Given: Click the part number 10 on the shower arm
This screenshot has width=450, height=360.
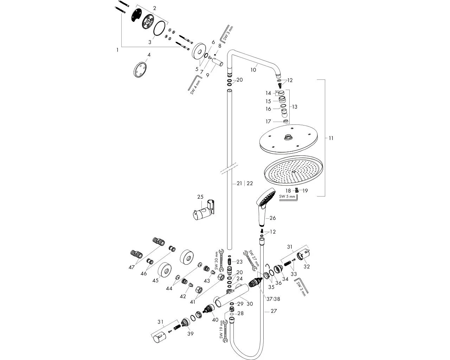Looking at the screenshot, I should coord(253,70).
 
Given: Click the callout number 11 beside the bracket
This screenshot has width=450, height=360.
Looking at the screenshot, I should coord(331,138).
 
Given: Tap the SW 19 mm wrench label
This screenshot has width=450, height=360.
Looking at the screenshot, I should coord(221,329).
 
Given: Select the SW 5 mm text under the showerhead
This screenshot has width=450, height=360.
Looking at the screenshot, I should coord(287,197).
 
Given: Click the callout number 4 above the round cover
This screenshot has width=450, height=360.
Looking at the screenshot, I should coord(149,55).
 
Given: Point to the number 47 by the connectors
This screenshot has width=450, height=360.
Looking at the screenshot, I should coord(131,267).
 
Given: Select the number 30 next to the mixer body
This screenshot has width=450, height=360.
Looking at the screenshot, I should coord(250,304).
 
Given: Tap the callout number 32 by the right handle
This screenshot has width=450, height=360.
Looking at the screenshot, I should coord(307,266).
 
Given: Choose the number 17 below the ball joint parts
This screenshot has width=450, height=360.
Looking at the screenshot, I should coord(268,121).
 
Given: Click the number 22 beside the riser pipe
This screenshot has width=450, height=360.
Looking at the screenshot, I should coord(250,183).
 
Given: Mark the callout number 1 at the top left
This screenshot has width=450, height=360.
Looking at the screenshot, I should coord(117,50).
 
